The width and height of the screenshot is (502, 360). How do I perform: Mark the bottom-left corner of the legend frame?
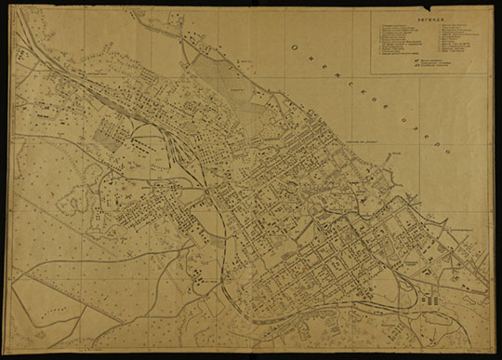click(x=374, y=73)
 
